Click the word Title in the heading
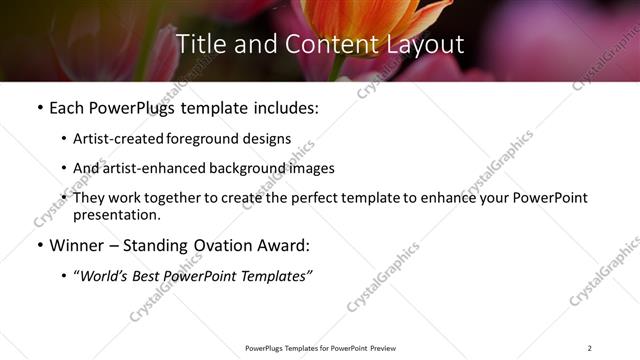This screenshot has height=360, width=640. point(200,44)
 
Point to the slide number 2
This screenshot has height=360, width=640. point(589,348)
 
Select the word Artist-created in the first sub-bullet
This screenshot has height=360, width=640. point(113,138)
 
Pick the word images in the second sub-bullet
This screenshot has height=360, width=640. point(311,168)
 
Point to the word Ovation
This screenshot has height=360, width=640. point(226,245)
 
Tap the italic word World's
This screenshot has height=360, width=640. point(108,275)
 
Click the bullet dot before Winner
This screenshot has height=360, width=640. point(39,245)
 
